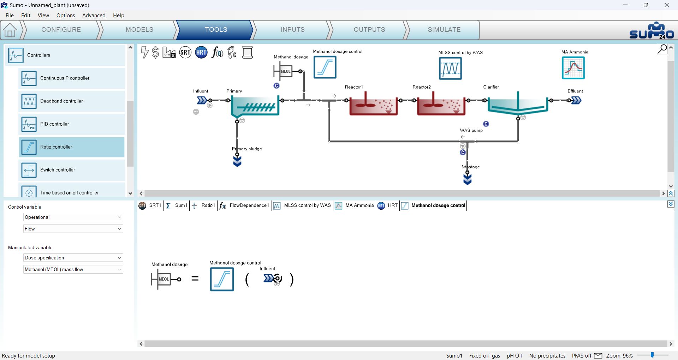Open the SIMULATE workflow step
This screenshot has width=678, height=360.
(444, 30)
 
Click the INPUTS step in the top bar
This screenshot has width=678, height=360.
(292, 30)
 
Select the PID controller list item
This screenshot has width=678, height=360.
(72, 124)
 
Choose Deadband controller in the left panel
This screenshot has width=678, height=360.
(72, 101)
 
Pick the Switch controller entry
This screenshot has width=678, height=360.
(72, 170)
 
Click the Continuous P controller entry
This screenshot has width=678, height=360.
(72, 78)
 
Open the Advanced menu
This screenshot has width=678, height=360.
(94, 16)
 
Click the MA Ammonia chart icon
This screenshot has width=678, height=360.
(573, 68)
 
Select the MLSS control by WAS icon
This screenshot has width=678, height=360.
(450, 68)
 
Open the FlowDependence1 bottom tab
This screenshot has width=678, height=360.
(244, 205)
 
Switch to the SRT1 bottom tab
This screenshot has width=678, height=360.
(150, 205)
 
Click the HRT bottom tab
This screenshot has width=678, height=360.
(388, 205)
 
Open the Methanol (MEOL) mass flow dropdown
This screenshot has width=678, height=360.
(73, 269)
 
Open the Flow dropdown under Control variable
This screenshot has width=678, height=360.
(73, 229)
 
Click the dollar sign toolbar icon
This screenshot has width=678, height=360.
(155, 53)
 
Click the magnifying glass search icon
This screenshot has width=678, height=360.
(662, 49)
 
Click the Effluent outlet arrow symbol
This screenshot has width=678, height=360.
(576, 101)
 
